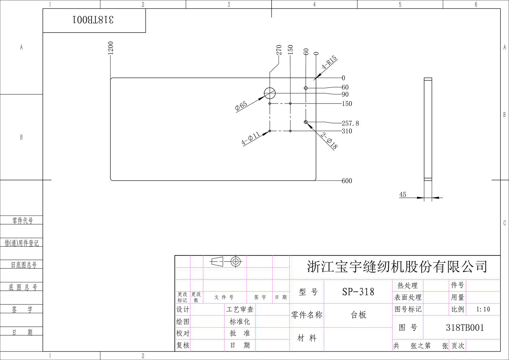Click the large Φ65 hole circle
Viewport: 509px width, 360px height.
(270, 93)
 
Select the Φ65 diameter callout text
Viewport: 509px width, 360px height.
(241, 106)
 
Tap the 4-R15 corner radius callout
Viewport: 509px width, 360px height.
(329, 62)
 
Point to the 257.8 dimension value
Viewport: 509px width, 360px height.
(350, 123)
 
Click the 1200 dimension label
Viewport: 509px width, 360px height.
(110, 48)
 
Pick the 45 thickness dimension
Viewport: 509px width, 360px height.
(402, 194)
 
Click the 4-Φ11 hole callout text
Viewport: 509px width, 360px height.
(250, 138)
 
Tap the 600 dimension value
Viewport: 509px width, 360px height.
(347, 181)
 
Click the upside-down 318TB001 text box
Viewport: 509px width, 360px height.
(94, 20)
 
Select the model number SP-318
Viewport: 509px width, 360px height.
(358, 291)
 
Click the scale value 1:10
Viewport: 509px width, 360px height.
(483, 309)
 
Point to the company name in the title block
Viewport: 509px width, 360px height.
(397, 267)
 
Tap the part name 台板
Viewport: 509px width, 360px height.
(358, 315)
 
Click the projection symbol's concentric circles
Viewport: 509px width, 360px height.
(235, 261)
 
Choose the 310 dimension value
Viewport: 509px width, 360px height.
(347, 131)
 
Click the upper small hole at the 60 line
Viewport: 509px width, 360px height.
(306, 88)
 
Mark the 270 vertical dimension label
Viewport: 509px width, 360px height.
(279, 50)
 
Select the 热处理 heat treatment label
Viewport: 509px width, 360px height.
(408, 285)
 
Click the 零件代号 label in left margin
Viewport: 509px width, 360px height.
(23, 221)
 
